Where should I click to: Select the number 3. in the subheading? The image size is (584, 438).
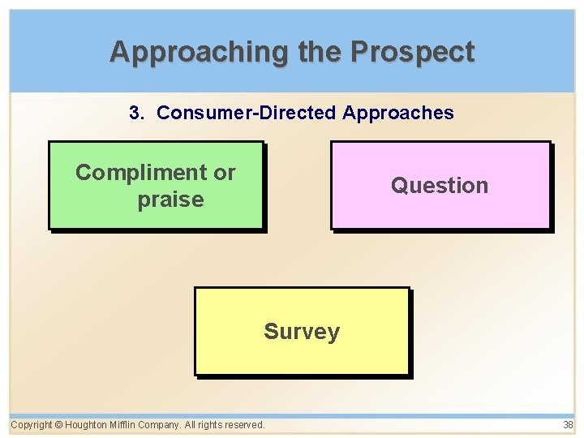pyautogui.click(x=137, y=113)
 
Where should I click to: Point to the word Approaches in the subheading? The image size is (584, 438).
pyautogui.click(x=398, y=113)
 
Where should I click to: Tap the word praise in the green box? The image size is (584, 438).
pyautogui.click(x=170, y=200)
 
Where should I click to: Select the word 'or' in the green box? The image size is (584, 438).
pyautogui.click(x=225, y=173)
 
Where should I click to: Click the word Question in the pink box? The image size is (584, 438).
pyautogui.click(x=440, y=186)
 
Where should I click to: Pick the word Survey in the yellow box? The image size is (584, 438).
pyautogui.click(x=302, y=332)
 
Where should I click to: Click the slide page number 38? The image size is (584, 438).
pyautogui.click(x=568, y=425)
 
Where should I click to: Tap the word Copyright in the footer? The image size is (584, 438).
pyautogui.click(x=32, y=425)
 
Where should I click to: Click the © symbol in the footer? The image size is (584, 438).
pyautogui.click(x=59, y=425)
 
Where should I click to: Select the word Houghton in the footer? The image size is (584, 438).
pyautogui.click(x=87, y=425)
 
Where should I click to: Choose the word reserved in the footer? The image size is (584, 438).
pyautogui.click(x=244, y=425)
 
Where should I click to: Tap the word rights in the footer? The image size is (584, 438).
pyautogui.click(x=211, y=425)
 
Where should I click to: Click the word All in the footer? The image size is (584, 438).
pyautogui.click(x=191, y=425)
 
